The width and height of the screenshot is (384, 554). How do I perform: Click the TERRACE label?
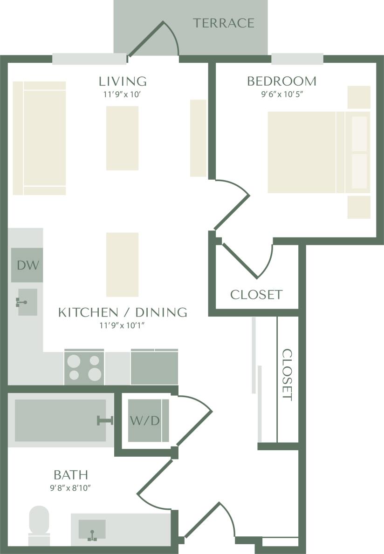tap(224, 23)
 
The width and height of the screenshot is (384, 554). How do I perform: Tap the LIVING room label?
tap(123, 81)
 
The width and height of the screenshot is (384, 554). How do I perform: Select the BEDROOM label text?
tap(281, 81)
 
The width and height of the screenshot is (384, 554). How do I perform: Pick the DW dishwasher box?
tap(27, 265)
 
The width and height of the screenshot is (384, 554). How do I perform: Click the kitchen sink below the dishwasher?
tap(27, 302)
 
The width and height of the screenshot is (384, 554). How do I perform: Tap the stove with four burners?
tap(84, 367)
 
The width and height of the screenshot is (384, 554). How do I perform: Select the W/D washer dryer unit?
tap(145, 421)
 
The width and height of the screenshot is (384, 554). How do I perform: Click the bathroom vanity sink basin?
tap(92, 530)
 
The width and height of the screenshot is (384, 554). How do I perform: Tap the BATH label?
tap(71, 475)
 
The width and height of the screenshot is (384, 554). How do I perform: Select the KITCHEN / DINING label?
tap(123, 312)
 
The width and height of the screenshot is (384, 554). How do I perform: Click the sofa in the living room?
tap(39, 138)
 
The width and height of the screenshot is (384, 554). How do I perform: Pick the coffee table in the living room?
tap(123, 138)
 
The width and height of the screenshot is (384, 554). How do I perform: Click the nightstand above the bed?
tap(359, 97)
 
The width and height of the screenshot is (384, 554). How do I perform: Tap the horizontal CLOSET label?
tap(256, 295)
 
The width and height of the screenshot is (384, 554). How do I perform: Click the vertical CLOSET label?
tap(288, 375)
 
